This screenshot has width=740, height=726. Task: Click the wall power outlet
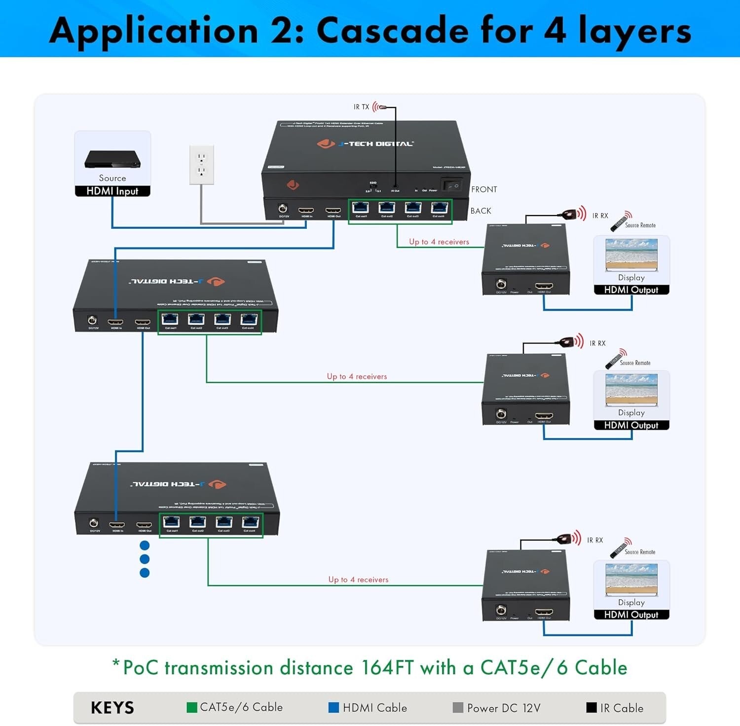[202, 164]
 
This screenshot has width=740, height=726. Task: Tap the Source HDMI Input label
[112, 191]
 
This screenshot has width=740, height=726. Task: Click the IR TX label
[361, 107]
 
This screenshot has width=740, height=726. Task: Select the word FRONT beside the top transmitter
[484, 189]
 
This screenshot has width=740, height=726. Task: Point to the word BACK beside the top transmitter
[481, 211]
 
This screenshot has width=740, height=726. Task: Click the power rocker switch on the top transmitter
[452, 185]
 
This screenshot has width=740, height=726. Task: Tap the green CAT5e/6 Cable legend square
[192, 707]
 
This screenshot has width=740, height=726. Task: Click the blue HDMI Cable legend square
[333, 707]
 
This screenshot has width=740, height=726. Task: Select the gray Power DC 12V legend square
[458, 707]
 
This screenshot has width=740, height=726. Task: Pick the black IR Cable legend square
[591, 707]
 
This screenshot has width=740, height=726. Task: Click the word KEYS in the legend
[112, 708]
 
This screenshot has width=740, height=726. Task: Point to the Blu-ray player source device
[112, 159]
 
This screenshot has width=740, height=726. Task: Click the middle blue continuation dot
[145, 559]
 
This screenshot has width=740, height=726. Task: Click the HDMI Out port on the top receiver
[544, 286]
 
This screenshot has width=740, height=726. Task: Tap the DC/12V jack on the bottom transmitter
[94, 523]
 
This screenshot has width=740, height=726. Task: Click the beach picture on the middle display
[631, 387]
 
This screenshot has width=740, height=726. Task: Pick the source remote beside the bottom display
[620, 549]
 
